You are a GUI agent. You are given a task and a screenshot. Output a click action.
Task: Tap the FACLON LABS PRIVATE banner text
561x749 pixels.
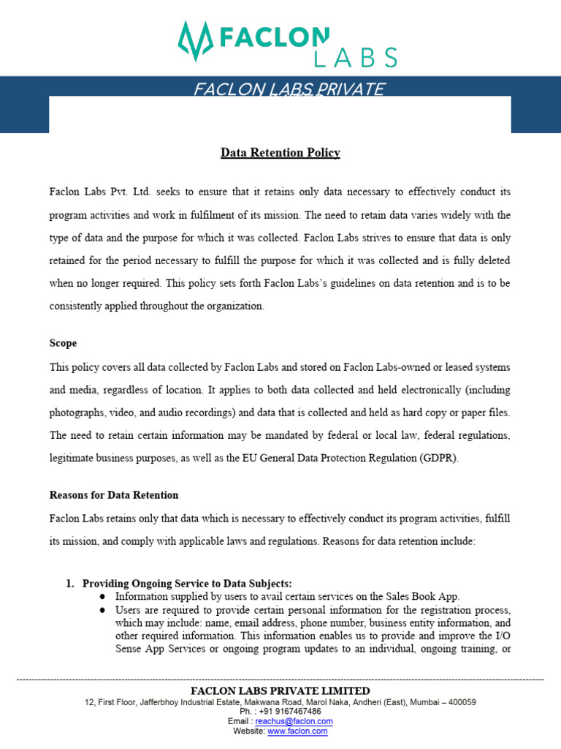coord(289,89)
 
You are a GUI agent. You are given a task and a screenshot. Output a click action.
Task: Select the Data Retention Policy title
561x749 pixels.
coord(280,153)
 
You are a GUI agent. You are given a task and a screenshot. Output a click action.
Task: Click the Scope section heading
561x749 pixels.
coord(63,343)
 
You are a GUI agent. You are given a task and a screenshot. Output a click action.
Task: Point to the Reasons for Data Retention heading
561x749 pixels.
coord(114,495)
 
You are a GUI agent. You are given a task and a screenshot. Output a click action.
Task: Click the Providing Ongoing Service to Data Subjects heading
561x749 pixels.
coord(187,584)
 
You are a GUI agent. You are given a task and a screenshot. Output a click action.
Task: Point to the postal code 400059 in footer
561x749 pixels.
coord(460,701)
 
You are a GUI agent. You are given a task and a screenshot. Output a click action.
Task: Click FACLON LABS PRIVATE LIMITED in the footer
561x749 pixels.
coord(280,691)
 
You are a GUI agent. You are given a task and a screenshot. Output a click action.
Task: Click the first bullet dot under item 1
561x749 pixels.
coord(102,596)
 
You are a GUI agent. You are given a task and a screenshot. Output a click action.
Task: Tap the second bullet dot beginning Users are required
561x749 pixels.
coord(102,609)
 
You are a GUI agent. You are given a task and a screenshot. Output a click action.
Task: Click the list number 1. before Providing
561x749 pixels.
coord(70,584)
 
